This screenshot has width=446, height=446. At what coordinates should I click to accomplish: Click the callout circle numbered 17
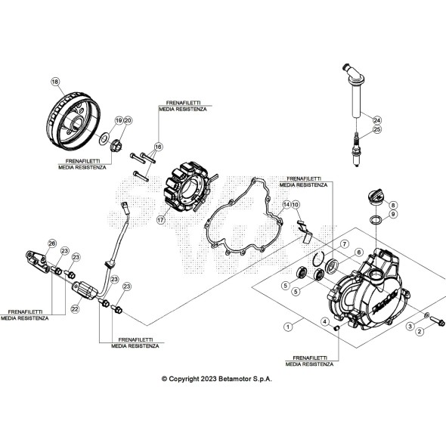coord(160,219)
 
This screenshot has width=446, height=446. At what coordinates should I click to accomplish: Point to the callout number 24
coord(377,119)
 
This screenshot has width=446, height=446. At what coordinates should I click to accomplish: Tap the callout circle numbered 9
coord(392,215)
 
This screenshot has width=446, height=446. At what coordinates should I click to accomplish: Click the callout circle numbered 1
coord(286,327)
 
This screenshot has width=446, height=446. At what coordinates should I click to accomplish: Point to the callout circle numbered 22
coord(75,308)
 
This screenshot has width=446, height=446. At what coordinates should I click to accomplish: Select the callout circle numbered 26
coord(51,243)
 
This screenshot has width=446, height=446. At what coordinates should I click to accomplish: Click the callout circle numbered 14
coord(286,205)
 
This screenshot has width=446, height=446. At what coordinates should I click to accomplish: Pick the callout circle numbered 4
coord(326,321)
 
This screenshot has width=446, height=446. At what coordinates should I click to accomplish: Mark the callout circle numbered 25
coord(377,130)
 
